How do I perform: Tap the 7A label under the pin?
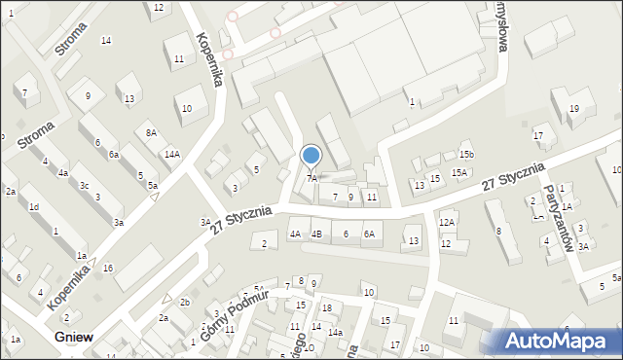(312, 178)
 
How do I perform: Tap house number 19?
(574, 109)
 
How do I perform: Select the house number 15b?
(467, 155)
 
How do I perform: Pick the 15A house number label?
(459, 173)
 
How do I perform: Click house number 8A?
(151, 133)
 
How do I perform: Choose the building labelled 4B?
(316, 234)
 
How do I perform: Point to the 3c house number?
(85, 186)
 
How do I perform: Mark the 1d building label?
(33, 207)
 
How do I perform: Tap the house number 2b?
(184, 303)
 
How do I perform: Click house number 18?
(327, 308)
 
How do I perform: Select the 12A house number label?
(447, 223)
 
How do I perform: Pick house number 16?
(108, 268)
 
